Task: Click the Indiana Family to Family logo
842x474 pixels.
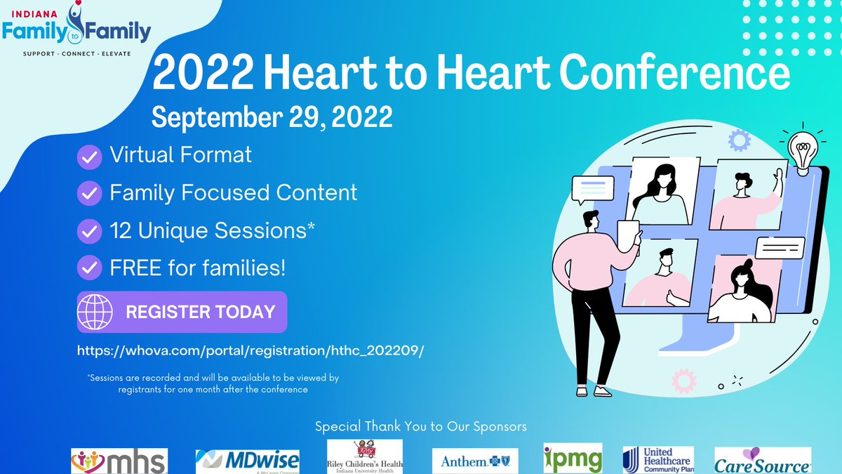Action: pyautogui.click(x=76, y=30)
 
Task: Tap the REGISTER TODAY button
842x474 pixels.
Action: pyautogui.click(x=182, y=312)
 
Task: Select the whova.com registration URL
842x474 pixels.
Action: pyautogui.click(x=251, y=348)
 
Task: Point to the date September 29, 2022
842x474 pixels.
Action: pyautogui.click(x=272, y=117)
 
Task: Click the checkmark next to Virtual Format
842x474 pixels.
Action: pyautogui.click(x=89, y=157)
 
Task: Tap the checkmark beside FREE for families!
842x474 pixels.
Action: pyautogui.click(x=89, y=268)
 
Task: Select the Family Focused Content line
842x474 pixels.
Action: pyautogui.click(x=233, y=192)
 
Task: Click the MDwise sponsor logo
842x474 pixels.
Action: pyautogui.click(x=247, y=461)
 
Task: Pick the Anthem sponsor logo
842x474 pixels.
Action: pyautogui.click(x=474, y=461)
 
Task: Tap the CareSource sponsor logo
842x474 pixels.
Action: pyautogui.click(x=762, y=461)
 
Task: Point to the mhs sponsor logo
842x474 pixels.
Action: pyautogui.click(x=119, y=461)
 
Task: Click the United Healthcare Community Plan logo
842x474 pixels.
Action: pyautogui.click(x=657, y=459)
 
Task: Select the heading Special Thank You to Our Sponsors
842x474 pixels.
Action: pyautogui.click(x=421, y=426)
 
